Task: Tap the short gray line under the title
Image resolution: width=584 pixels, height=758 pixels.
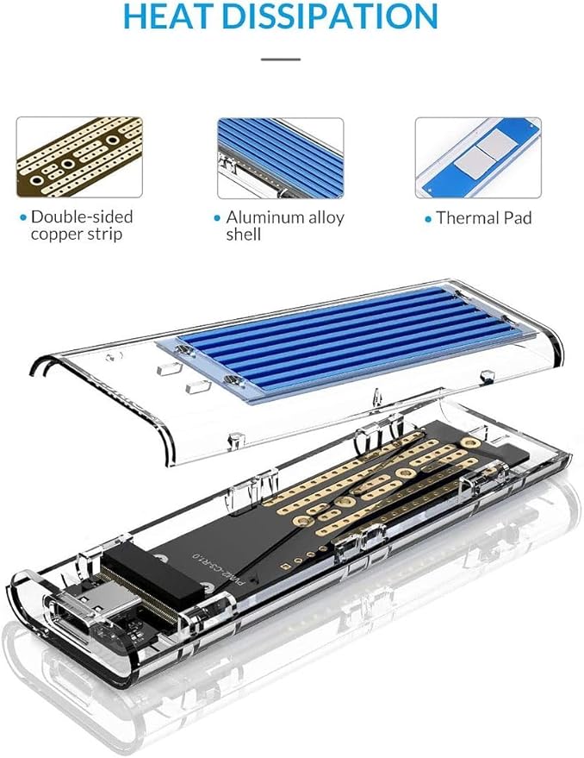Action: (281, 60)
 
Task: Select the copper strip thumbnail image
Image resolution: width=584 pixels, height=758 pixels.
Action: (79, 157)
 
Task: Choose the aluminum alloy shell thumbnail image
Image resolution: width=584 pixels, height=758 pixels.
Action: (281, 158)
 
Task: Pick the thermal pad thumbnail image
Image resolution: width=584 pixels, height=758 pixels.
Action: (478, 158)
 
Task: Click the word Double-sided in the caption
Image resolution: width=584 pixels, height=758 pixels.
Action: (82, 216)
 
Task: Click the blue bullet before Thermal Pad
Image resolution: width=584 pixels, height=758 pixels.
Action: (428, 220)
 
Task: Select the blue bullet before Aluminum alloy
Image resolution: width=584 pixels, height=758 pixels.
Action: (217, 218)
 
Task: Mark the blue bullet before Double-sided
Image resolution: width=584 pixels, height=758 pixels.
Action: (23, 218)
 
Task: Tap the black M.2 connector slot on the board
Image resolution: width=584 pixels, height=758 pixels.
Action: (156, 579)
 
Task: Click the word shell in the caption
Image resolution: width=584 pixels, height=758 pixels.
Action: (244, 235)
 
